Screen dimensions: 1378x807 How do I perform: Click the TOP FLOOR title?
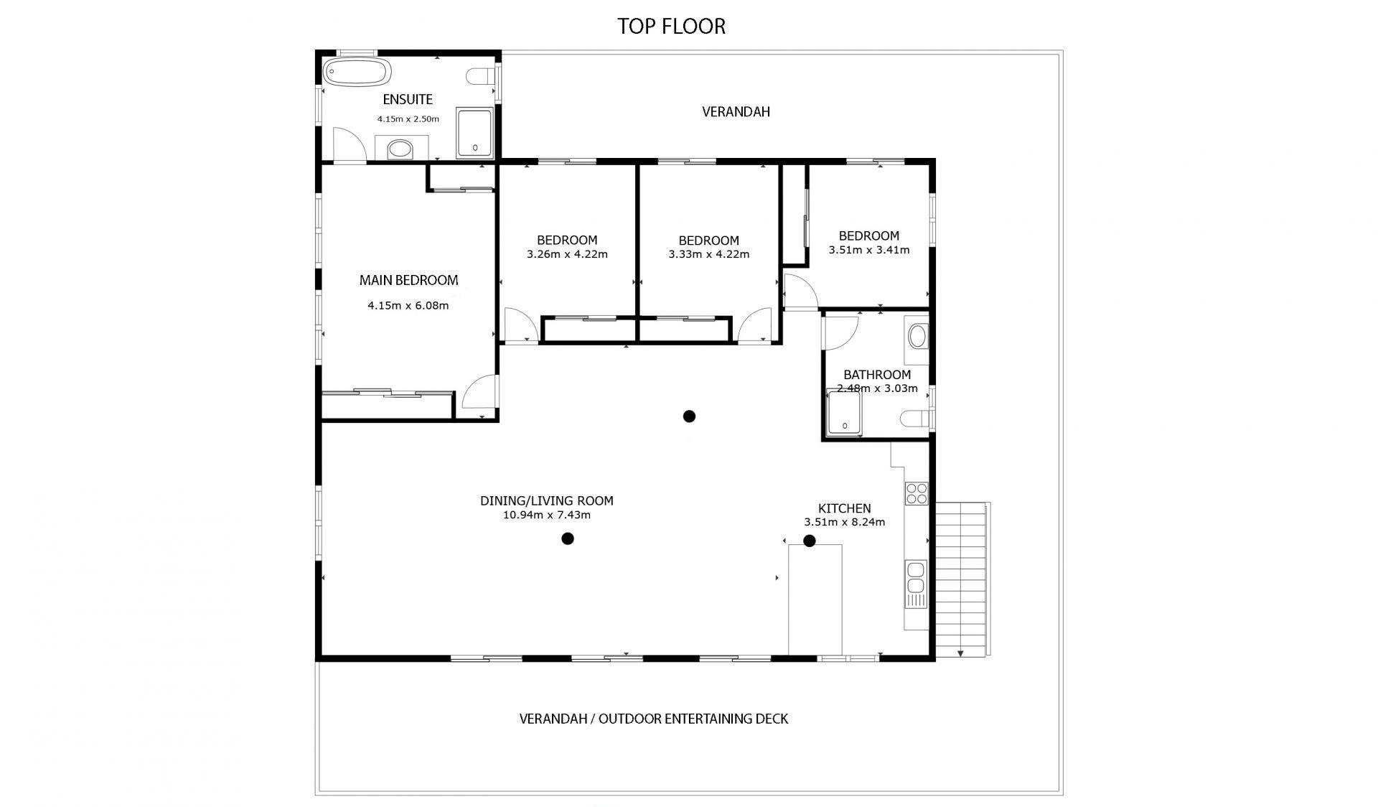tap(671, 26)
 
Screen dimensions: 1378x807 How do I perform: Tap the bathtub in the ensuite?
tap(357, 73)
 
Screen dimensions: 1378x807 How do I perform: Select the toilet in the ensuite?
tap(480, 76)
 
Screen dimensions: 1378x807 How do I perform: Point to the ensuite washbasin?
tap(400, 149)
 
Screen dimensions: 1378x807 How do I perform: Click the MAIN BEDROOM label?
tap(408, 280)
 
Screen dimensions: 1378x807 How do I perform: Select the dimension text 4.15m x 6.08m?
tap(408, 305)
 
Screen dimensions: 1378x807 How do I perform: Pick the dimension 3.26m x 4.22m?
tap(567, 254)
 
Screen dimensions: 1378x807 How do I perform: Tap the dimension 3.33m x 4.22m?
tap(708, 254)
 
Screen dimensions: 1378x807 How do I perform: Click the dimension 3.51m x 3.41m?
tap(869, 250)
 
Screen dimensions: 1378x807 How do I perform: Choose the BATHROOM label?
tap(877, 375)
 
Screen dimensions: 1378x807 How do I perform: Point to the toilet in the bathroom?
tap(914, 419)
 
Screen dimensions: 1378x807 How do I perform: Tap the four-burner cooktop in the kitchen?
tap(917, 493)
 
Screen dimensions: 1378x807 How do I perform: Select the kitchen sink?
tap(916, 584)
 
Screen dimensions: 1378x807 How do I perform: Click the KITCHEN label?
tap(845, 508)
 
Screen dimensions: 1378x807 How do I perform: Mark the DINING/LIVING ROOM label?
tap(547, 501)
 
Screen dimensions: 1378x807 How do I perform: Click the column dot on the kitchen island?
tap(810, 541)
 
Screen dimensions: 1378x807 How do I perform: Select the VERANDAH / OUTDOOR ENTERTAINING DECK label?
tap(654, 719)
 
